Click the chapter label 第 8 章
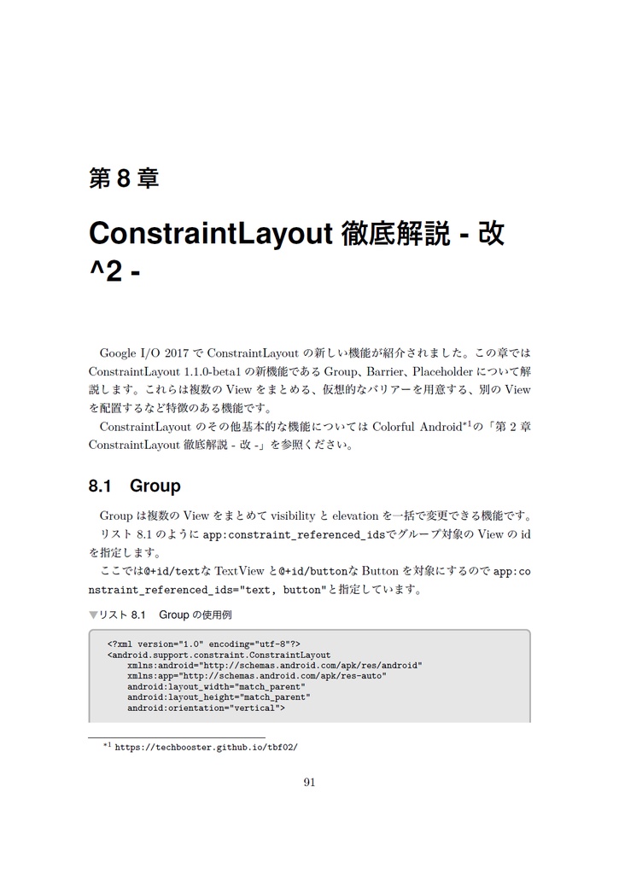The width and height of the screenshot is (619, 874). pos(124,179)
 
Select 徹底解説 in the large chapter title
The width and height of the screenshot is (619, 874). pos(396,233)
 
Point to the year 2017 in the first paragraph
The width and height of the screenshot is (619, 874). pos(178,353)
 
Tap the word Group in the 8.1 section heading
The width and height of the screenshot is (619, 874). pos(155,487)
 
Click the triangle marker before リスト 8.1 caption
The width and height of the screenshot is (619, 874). pos(93,615)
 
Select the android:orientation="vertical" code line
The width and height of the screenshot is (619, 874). pos(206,708)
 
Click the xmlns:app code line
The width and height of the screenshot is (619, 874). pos(256,676)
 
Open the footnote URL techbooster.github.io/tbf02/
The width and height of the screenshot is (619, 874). pos(206,746)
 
